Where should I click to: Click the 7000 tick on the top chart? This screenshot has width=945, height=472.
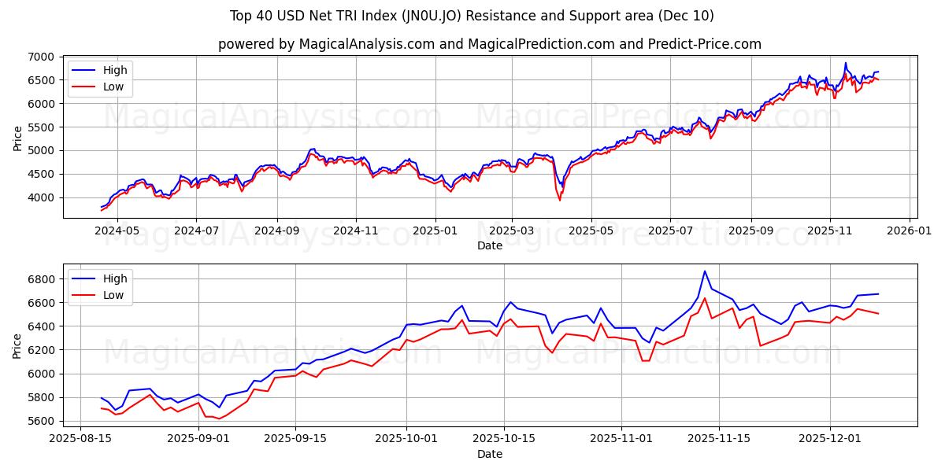click(x=41, y=57)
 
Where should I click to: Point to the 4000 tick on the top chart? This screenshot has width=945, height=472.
click(x=41, y=197)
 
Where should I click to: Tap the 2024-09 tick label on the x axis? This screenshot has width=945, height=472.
click(x=276, y=230)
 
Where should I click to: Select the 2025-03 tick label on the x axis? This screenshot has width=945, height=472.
click(x=512, y=230)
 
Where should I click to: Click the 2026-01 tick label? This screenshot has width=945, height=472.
click(x=910, y=230)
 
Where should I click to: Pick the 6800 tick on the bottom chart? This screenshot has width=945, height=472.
click(x=41, y=279)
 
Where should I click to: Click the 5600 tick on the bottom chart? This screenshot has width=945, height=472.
click(x=41, y=421)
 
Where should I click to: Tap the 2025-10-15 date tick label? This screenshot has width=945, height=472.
click(x=504, y=438)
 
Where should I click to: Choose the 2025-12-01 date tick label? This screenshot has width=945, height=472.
click(x=829, y=438)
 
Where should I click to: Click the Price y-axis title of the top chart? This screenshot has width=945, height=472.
click(x=17, y=138)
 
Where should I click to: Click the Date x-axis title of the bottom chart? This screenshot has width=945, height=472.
click(x=490, y=454)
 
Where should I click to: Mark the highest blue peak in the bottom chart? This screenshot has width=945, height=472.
click(x=705, y=271)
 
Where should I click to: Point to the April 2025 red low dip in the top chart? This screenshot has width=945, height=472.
click(x=560, y=200)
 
